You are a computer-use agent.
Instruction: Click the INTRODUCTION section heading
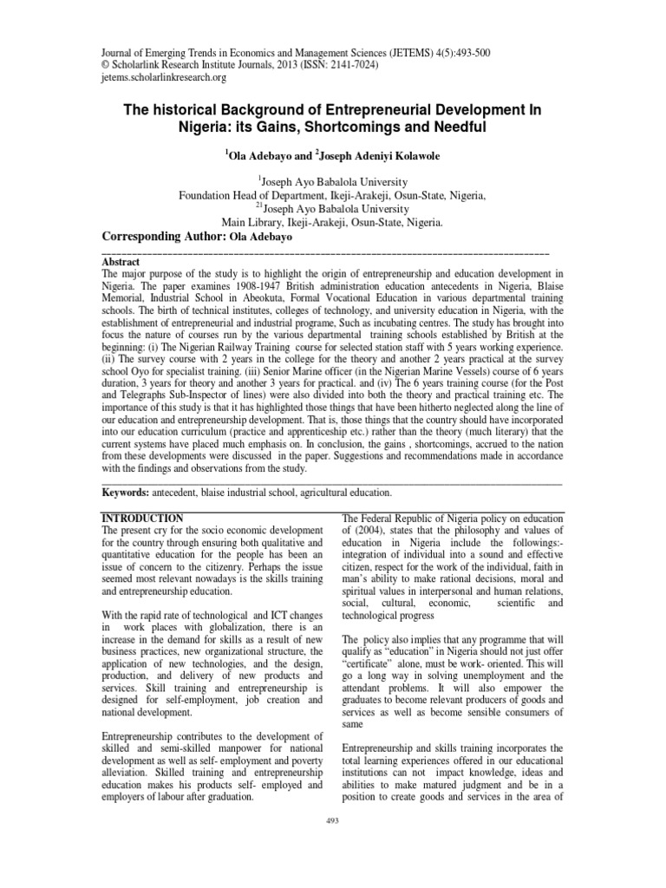coord(142,518)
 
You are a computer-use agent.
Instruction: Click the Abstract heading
coord(121,260)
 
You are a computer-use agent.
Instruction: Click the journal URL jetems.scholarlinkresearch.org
coord(164,78)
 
